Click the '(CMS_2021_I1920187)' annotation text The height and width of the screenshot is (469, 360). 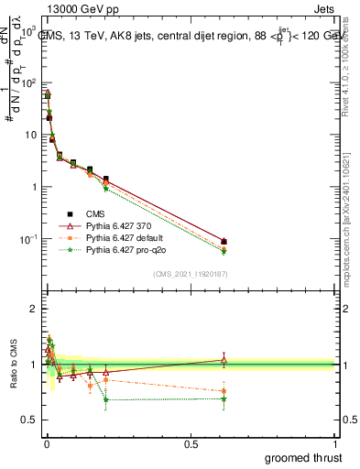[190, 274]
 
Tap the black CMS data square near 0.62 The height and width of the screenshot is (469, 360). [224, 242]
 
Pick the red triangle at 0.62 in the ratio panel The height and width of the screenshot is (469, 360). [224, 360]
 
